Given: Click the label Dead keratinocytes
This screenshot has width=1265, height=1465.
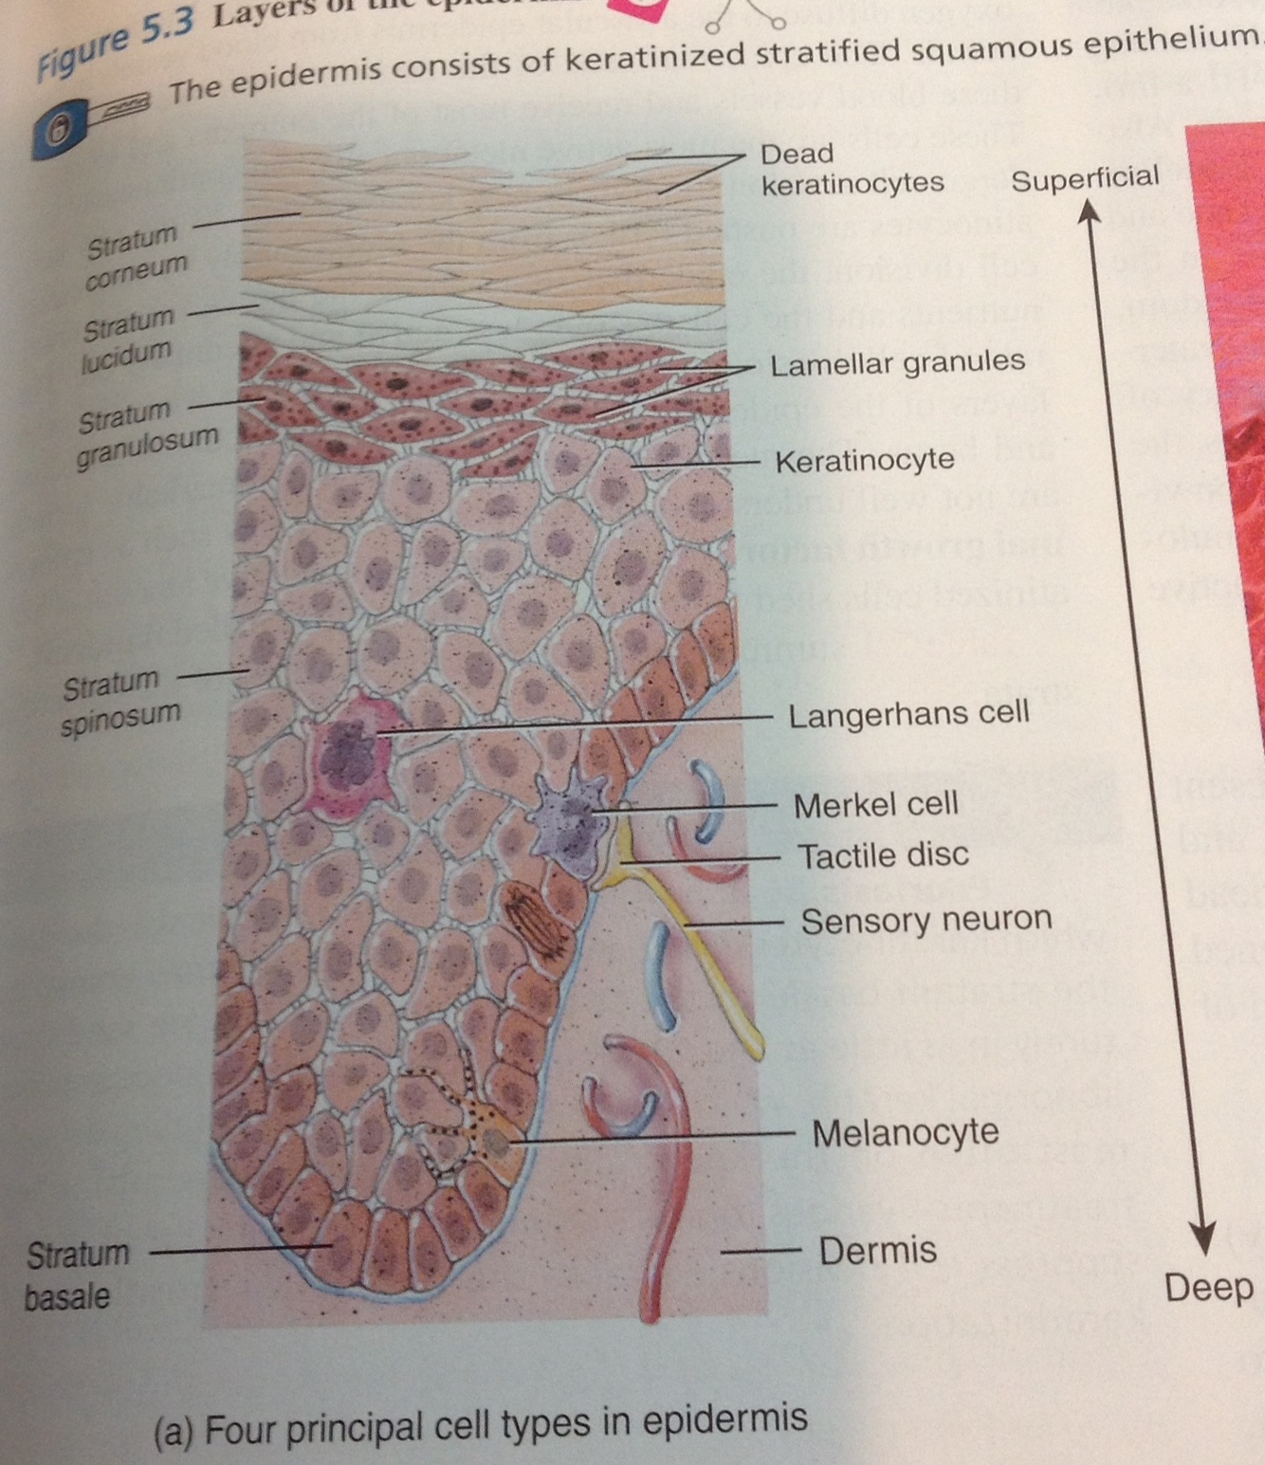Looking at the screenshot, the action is (851, 169).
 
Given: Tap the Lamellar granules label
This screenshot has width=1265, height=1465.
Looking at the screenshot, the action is (896, 363).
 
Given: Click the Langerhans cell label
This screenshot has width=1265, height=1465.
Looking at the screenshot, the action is (907, 713).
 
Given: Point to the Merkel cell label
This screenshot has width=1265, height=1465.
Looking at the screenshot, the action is (875, 805).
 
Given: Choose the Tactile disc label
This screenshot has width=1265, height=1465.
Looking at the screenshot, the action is (882, 855).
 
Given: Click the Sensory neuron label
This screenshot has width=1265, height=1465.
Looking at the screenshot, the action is (926, 920).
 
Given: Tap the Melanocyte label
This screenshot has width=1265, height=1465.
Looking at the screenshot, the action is (905, 1132).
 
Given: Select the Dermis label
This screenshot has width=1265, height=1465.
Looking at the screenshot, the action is (877, 1251).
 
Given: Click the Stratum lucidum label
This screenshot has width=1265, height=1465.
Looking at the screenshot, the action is (128, 339).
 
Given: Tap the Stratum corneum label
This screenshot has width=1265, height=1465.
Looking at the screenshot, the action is (135, 255).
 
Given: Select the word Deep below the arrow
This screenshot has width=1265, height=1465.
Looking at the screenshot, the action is (1208, 1288).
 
